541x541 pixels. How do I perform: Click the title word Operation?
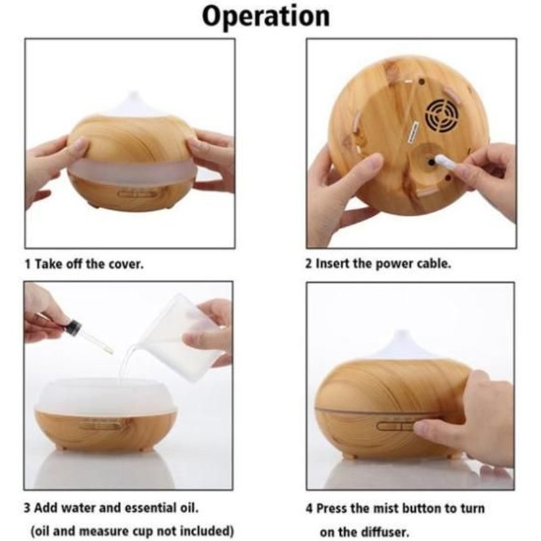pos(266,16)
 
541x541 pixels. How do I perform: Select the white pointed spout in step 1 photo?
pos(135,103)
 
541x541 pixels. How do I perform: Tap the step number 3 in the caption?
pos(27,509)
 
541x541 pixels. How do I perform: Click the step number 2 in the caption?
pos(308,264)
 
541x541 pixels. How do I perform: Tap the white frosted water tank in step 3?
pos(105,396)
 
